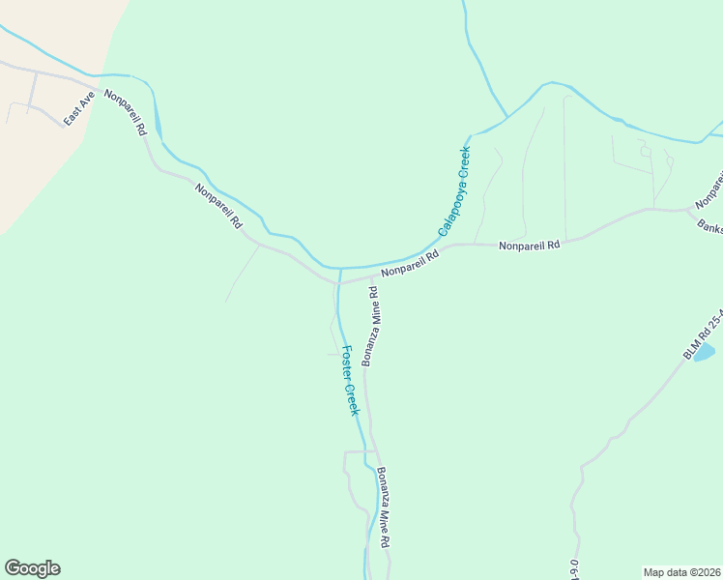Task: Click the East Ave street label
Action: click(x=77, y=108)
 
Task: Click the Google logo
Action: click(x=32, y=568)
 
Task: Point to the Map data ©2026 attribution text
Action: click(x=681, y=572)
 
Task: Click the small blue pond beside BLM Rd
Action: click(x=704, y=351)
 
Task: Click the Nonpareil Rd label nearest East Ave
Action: click(x=126, y=112)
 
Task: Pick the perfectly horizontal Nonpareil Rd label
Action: click(x=529, y=246)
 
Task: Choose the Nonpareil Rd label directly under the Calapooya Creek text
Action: click(x=410, y=265)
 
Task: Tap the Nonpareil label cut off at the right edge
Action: click(x=710, y=189)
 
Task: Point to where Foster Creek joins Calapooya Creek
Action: click(x=340, y=268)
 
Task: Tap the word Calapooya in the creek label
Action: click(x=449, y=203)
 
